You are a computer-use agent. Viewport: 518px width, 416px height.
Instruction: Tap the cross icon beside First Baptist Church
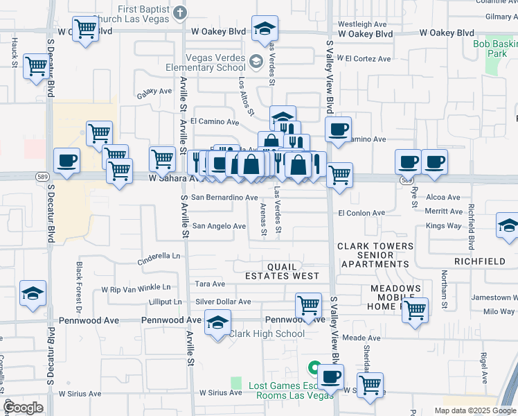180,12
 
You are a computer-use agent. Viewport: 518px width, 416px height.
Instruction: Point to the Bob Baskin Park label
495,49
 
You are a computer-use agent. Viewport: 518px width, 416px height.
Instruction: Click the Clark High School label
267,333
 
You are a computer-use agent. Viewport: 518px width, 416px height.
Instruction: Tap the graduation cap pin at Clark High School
217,323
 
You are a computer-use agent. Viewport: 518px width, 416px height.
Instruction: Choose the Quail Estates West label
282,271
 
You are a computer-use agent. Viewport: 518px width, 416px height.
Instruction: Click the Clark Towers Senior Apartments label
375,255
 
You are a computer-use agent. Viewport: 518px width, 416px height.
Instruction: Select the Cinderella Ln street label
159,255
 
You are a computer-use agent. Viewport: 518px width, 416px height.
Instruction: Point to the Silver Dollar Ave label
223,302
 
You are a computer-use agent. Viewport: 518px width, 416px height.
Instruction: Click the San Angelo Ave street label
219,226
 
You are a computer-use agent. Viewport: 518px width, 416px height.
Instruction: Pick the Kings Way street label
444,226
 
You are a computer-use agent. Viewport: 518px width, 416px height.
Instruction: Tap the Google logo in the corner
24,408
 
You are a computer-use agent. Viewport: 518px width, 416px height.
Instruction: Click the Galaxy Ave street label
154,92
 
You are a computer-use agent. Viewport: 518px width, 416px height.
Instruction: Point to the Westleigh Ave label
361,24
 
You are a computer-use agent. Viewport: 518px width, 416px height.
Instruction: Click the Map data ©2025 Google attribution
474,410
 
